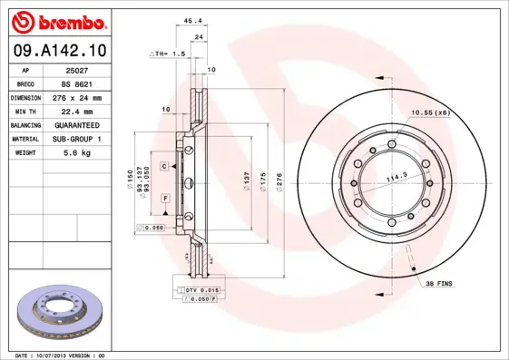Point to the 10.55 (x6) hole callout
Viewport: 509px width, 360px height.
[431, 112]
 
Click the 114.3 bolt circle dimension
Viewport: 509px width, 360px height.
[395, 178]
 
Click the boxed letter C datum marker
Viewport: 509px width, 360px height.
[165, 167]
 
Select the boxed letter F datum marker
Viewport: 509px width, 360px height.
[165, 197]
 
